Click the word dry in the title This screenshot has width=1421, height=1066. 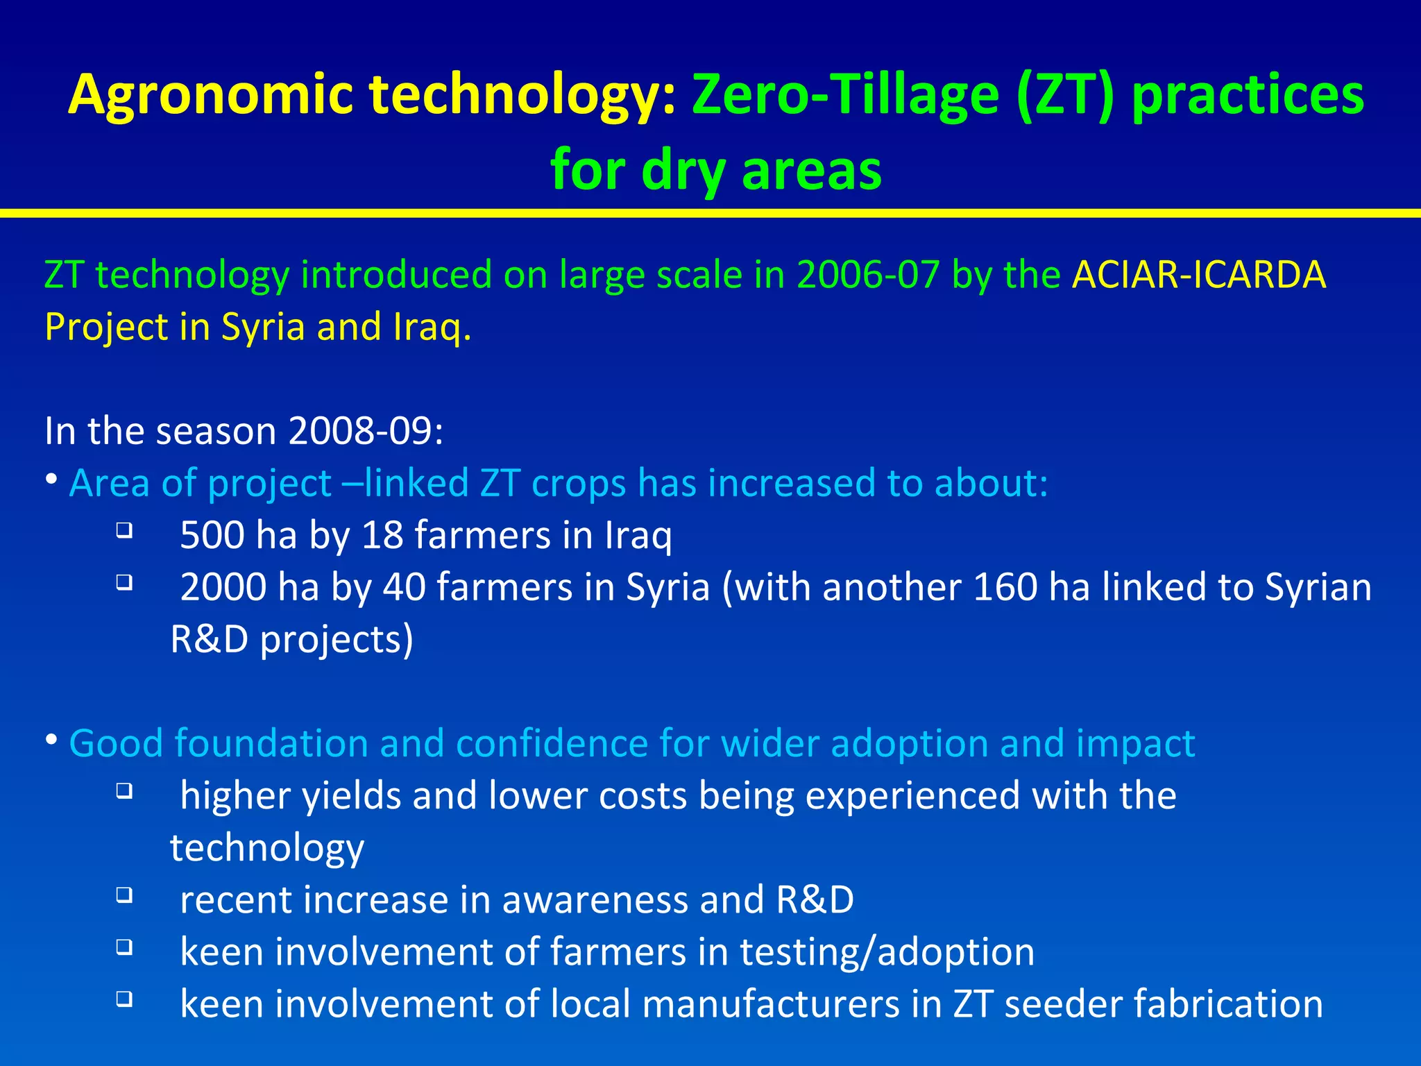point(683,170)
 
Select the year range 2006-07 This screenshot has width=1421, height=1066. point(868,275)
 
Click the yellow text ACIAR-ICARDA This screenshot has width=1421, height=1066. point(1198,275)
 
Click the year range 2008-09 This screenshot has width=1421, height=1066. point(365,431)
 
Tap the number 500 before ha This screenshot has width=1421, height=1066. point(212,535)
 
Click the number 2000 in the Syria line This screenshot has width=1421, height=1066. point(223,587)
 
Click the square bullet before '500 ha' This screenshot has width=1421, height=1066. point(124,531)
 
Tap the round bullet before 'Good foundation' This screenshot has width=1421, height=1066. point(52,741)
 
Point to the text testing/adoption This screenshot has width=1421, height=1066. point(887,951)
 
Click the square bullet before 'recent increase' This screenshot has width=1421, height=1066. point(124,895)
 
